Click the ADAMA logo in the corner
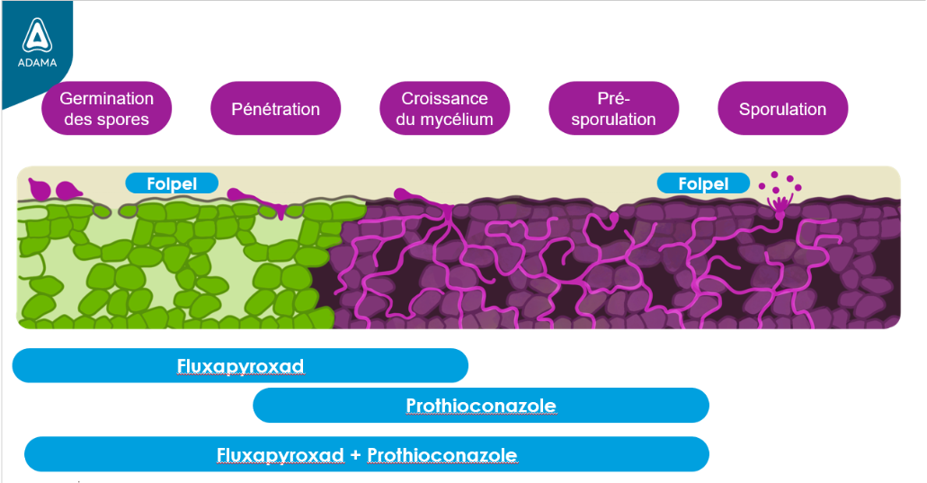[x=36, y=45]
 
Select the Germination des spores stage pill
[x=106, y=109]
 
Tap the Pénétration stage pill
[x=275, y=109]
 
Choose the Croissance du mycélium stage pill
[x=444, y=109]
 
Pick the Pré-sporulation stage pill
[x=613, y=109]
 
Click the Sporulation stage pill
[x=782, y=109]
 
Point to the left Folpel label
[x=171, y=183]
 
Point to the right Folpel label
[x=703, y=183]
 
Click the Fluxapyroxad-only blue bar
[x=240, y=366]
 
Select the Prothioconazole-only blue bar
[x=480, y=406]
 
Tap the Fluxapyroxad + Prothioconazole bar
[x=366, y=454]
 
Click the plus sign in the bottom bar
[x=355, y=455]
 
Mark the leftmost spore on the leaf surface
[x=38, y=189]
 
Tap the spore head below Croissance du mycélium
[x=401, y=195]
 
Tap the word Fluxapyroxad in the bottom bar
[x=280, y=455]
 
